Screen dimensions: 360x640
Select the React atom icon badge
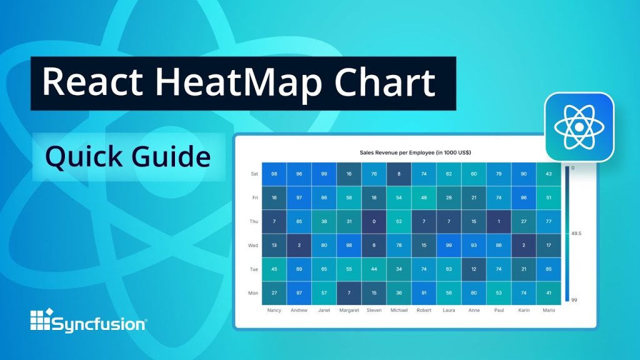click(x=579, y=127)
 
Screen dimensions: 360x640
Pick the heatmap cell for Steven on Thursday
click(x=374, y=221)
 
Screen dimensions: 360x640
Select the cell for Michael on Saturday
click(x=399, y=174)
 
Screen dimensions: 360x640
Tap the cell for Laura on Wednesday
click(x=449, y=245)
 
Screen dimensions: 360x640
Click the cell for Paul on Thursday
click(x=499, y=221)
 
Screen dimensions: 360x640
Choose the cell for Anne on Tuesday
click(x=474, y=269)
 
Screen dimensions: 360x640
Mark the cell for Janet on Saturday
click(x=324, y=174)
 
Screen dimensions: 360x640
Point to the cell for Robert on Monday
click(x=424, y=292)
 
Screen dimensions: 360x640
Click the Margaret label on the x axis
click(x=349, y=310)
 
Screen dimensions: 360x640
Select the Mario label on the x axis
click(x=549, y=310)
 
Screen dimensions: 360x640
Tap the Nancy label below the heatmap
click(x=274, y=310)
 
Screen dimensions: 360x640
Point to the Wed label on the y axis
click(x=253, y=246)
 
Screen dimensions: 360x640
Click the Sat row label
click(x=254, y=174)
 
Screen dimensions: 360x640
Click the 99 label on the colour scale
click(x=574, y=300)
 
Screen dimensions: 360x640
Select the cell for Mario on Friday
click(x=549, y=197)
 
